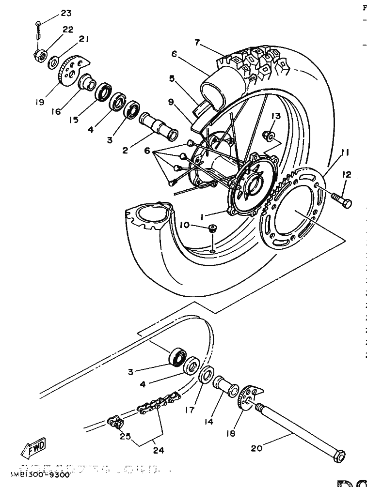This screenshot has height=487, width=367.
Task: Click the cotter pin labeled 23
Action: click(39, 30)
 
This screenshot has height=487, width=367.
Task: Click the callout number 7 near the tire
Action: click(197, 42)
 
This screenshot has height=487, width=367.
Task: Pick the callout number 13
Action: click(275, 116)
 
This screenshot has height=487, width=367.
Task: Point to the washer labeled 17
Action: click(207, 376)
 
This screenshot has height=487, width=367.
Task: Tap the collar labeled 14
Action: click(225, 387)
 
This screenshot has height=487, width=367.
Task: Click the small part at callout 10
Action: click(212, 229)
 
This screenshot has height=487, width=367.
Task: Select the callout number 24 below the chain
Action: click(158, 450)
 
